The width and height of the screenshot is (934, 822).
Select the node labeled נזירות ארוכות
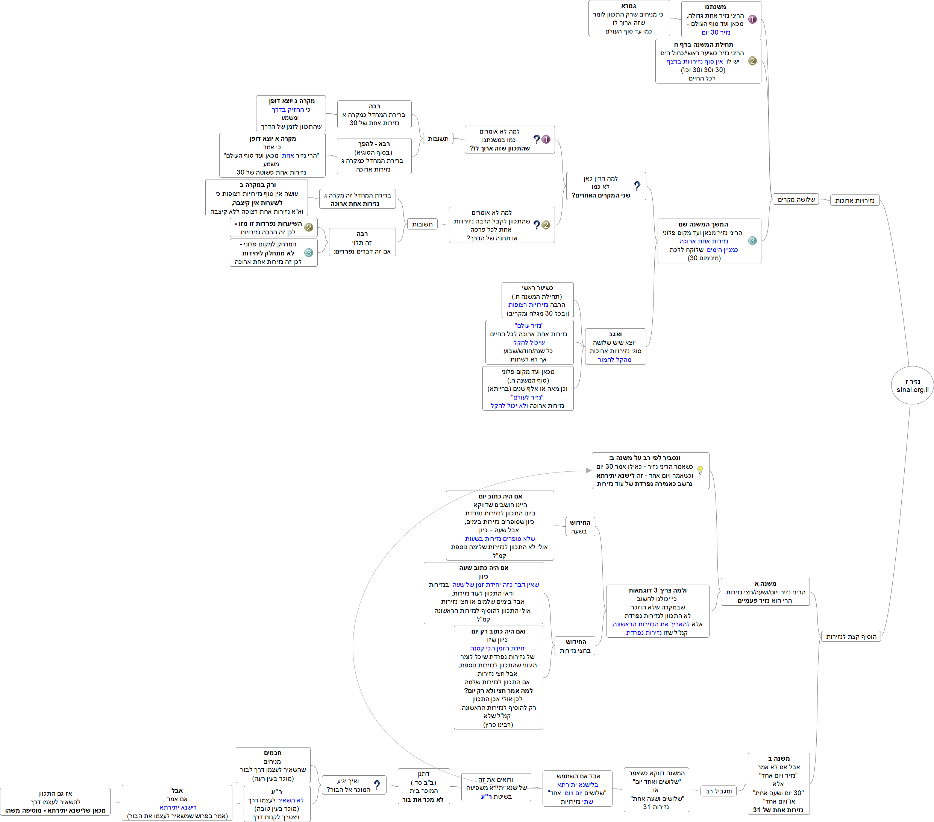pos(855,200)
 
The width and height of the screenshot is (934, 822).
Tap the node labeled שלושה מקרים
pos(796,199)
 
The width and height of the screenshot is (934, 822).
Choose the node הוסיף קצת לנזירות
pos(851,637)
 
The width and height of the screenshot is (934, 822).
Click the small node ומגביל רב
pos(718,791)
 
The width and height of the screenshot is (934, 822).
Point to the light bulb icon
pos(700,470)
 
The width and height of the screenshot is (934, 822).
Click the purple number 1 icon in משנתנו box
pos(752,19)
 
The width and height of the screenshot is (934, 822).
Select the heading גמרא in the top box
pos(629,6)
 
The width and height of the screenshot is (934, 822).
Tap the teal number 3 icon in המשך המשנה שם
pos(752,241)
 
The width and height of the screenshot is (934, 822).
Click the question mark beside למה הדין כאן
pos(637,185)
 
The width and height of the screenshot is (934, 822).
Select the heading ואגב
pos(615,334)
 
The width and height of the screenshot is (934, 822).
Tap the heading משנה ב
pos(779,758)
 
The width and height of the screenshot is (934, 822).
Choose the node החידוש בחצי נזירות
pos(575,646)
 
